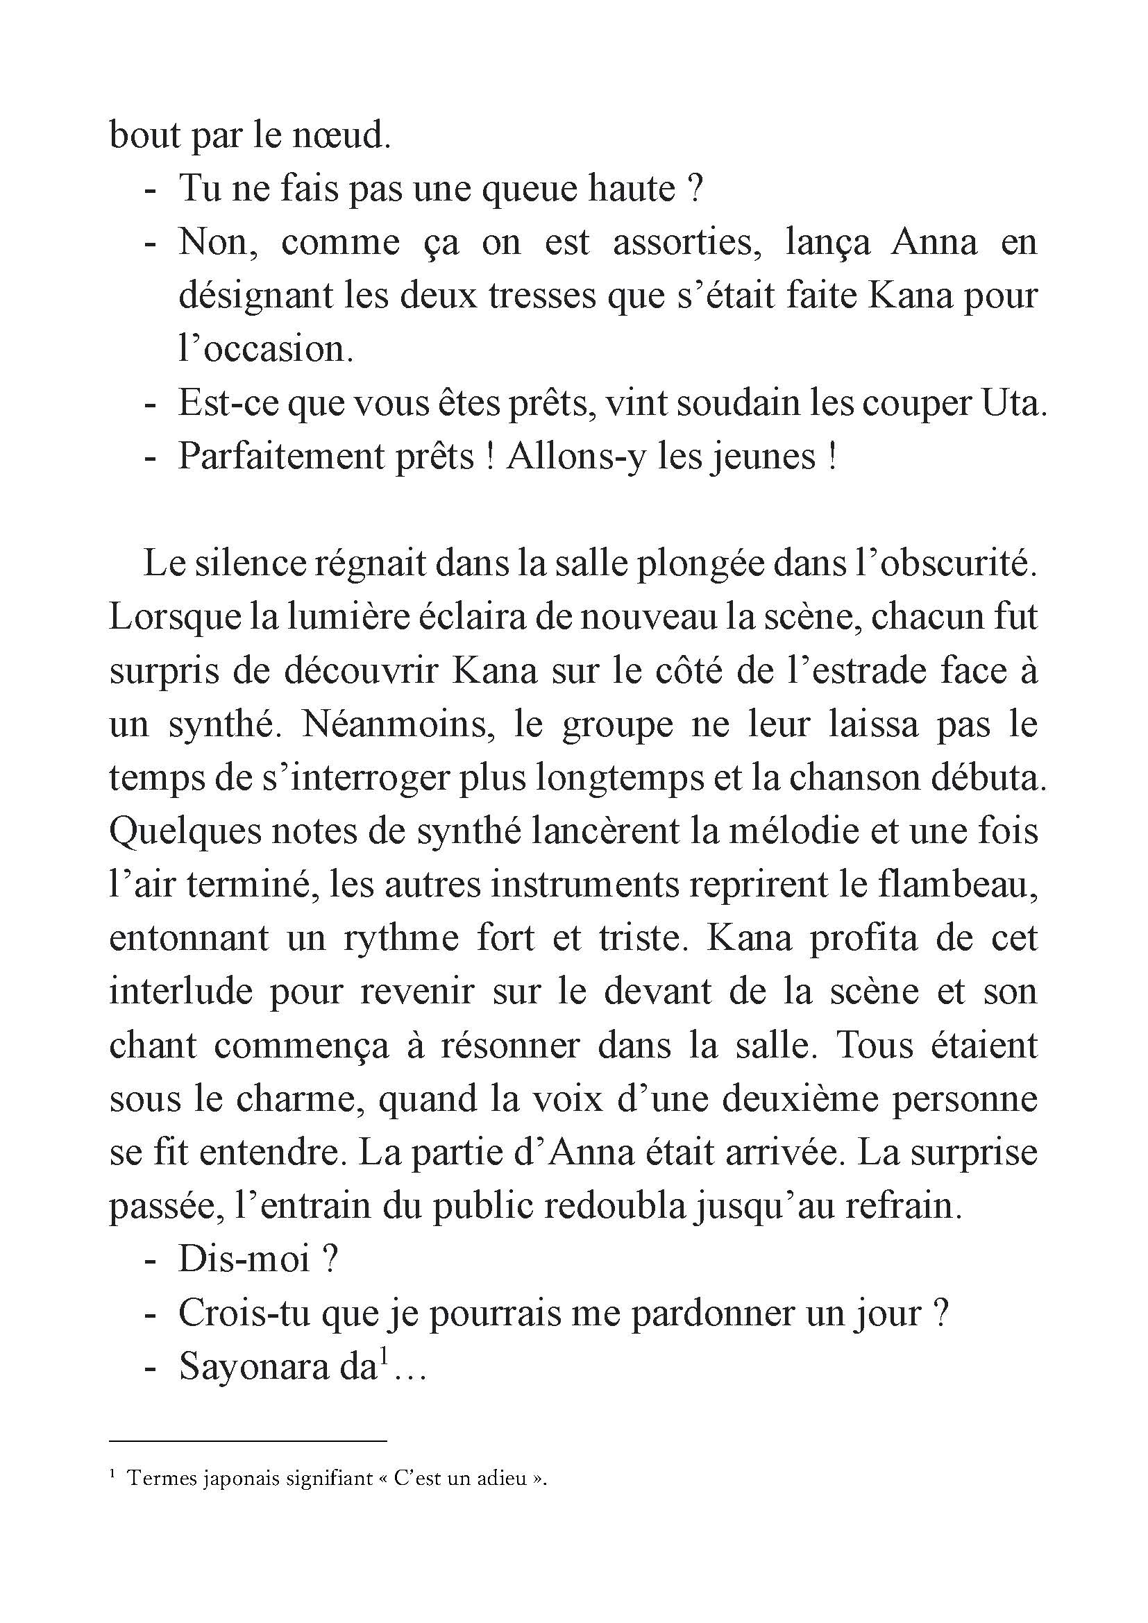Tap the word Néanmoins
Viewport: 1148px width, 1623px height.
(x=396, y=724)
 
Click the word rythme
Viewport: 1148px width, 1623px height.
(x=400, y=939)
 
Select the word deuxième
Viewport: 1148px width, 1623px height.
(x=801, y=1099)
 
